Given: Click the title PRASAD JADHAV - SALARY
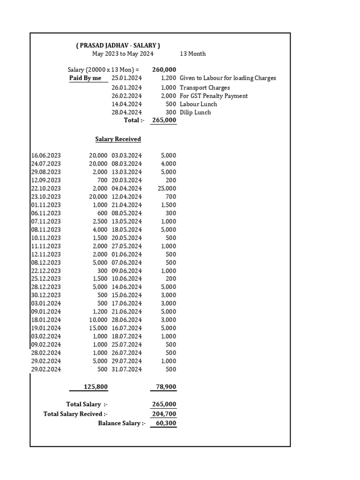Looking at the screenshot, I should [x=118, y=45].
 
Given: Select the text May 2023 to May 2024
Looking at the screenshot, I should [x=123, y=54].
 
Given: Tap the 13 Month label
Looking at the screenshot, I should [x=193, y=54].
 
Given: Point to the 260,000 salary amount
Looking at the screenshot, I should [x=164, y=70].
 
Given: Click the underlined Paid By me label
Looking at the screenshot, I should [x=85, y=78].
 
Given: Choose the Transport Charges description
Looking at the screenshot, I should [x=205, y=88].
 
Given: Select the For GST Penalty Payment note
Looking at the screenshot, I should [x=214, y=96].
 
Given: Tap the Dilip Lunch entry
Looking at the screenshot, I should [x=195, y=112].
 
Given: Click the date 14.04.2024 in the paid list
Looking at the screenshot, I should [x=127, y=104].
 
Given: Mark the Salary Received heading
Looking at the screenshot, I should [x=118, y=139].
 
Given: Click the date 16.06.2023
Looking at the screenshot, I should [x=46, y=156].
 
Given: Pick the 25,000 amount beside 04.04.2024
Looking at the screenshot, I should [x=167, y=188].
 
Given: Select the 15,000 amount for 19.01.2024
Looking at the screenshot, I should [x=98, y=328].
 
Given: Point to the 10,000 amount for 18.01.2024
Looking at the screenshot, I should [x=98, y=320].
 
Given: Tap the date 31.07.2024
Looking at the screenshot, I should [x=127, y=369].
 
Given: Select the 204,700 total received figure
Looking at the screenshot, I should [x=164, y=414].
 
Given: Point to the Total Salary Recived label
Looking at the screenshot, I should [x=75, y=414].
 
